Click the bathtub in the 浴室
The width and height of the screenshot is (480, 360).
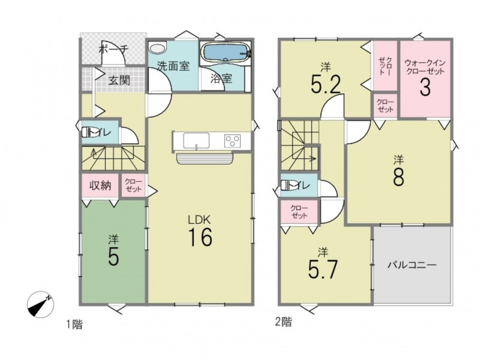[x=226, y=53]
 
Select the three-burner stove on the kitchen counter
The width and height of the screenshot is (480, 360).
[x=232, y=141]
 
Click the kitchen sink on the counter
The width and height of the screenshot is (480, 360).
[x=196, y=141]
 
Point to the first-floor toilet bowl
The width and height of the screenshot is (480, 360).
[x=87, y=132]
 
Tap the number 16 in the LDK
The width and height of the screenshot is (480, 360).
[x=200, y=237]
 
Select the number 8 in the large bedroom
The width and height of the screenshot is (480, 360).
[x=398, y=176]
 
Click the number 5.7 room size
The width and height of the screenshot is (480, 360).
[x=323, y=269]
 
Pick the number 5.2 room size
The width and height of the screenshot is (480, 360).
[x=326, y=84]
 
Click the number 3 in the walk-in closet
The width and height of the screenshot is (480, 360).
[x=425, y=87]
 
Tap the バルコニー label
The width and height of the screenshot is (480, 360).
[x=412, y=265]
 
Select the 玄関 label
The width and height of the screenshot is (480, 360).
[x=119, y=80]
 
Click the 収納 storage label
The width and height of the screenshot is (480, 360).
[x=100, y=185]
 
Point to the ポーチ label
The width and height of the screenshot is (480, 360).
[x=114, y=49]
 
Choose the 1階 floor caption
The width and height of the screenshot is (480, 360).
[x=74, y=324]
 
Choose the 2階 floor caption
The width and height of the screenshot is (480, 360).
[x=283, y=322]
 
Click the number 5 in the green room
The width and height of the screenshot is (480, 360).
[x=113, y=256]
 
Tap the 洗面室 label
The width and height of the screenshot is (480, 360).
[x=173, y=66]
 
